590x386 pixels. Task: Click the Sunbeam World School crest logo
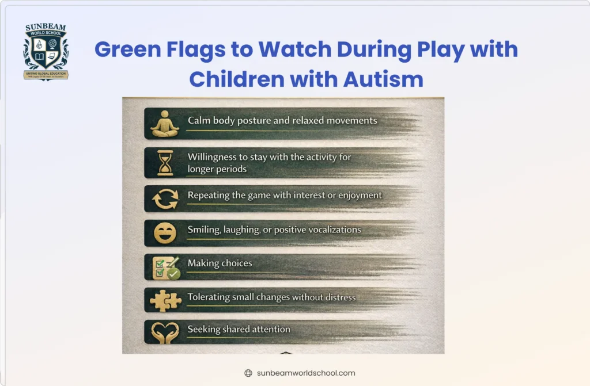pos(46,52)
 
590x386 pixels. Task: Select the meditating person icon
pos(165,124)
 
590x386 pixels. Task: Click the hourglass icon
pos(165,162)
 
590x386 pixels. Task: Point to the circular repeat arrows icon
pos(165,199)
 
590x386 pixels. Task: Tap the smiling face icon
pos(165,232)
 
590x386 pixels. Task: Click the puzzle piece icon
pos(165,300)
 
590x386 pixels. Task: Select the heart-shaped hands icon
pos(165,333)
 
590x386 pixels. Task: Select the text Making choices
pos(220,263)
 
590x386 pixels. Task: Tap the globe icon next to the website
pos(248,373)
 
